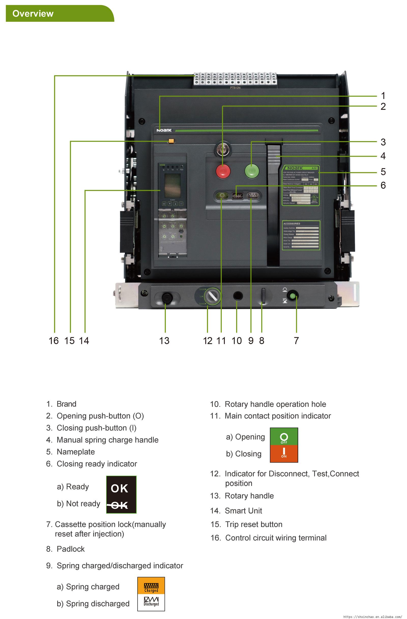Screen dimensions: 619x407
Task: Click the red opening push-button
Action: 223,171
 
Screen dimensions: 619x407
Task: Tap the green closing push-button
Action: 252,171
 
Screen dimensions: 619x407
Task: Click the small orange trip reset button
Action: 171,141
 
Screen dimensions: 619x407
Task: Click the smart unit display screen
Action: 172,185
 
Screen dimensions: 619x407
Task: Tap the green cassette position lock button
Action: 292,296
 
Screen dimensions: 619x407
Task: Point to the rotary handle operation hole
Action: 237,296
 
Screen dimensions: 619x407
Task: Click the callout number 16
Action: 54,340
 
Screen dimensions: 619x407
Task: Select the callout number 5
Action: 383,172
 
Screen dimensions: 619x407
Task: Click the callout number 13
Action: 164,340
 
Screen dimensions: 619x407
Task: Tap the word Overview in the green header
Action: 33,13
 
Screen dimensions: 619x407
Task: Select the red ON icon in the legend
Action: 284,454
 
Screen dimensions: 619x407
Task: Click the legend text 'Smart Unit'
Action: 243,511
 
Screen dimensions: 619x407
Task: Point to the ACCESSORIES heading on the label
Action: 292,224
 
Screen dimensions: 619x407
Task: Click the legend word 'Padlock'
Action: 70,549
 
